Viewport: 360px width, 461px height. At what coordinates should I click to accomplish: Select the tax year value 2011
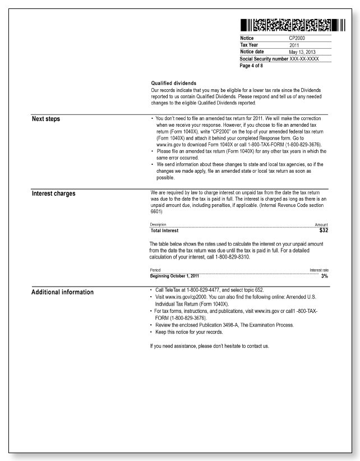(297, 45)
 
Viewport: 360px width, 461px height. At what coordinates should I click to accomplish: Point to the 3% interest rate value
(324, 276)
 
